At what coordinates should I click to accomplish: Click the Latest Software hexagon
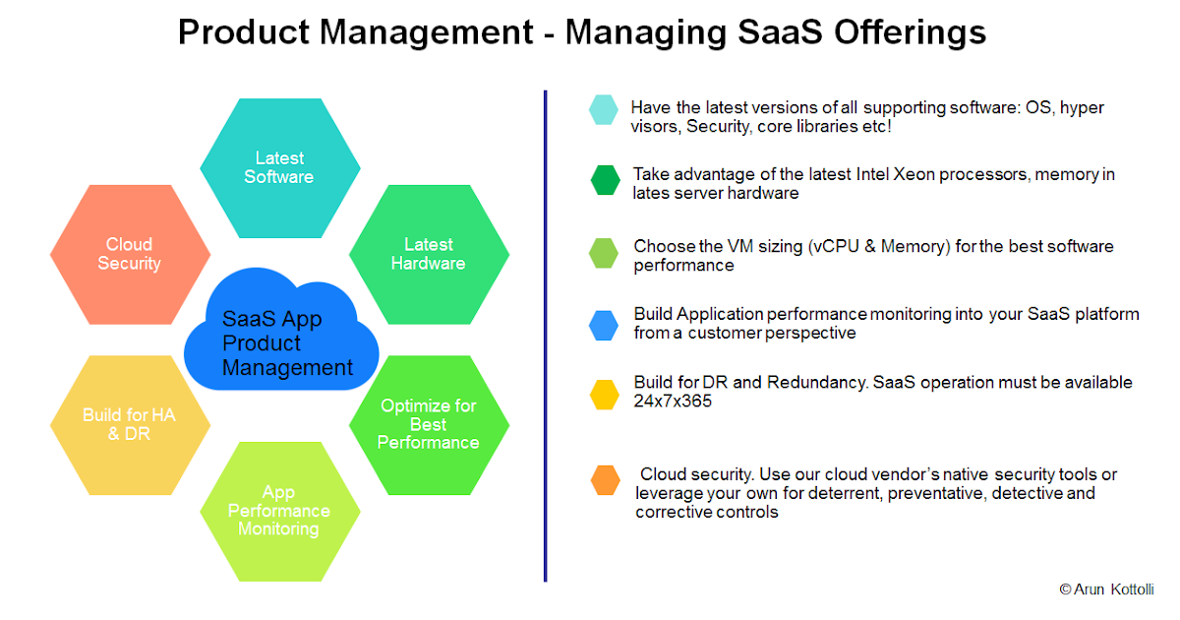coord(279,167)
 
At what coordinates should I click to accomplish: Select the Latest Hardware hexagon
coord(429,254)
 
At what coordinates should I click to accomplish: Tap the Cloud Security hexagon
coord(130,254)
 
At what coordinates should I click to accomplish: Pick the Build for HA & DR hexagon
coord(130,424)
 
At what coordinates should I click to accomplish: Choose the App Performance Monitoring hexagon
coord(279,510)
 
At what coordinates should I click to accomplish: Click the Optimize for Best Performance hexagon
coord(429,424)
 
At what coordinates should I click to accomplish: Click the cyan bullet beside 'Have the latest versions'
coord(604,109)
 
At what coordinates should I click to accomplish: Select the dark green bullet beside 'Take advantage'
coord(606,180)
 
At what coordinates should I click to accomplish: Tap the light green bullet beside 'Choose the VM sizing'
coord(604,253)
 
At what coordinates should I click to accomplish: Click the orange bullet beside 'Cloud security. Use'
coord(606,480)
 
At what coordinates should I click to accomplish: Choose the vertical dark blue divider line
coord(545,336)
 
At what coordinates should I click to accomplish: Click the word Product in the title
coord(243,31)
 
